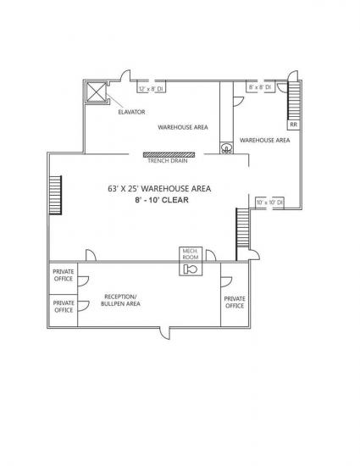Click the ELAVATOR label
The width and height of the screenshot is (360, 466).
point(131,112)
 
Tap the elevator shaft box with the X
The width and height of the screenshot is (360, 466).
point(97,92)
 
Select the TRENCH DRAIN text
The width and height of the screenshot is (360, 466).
point(168,160)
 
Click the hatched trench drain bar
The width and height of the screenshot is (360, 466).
point(169,154)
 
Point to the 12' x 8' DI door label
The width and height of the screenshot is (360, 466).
point(151,89)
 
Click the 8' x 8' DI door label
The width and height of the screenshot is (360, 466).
point(260,87)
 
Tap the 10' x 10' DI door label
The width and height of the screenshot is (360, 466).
point(269,202)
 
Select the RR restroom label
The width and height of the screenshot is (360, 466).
point(293,125)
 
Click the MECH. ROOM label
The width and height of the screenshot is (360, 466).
point(191,254)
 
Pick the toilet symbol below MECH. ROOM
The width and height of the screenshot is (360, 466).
point(191,269)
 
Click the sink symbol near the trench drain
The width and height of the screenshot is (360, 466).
point(227,148)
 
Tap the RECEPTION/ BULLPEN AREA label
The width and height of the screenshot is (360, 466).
point(120,300)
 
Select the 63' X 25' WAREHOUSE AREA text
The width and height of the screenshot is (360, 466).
point(159,188)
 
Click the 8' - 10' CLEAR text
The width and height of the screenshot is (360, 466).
point(162,200)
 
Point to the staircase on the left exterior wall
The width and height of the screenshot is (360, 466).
point(55,195)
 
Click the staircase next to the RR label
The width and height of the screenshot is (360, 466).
point(294,101)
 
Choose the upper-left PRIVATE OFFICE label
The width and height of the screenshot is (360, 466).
point(64,275)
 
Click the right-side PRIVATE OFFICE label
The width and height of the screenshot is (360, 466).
point(235,302)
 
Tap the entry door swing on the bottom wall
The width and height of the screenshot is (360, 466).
point(164,333)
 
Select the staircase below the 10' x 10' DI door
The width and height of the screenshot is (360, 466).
point(242,228)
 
